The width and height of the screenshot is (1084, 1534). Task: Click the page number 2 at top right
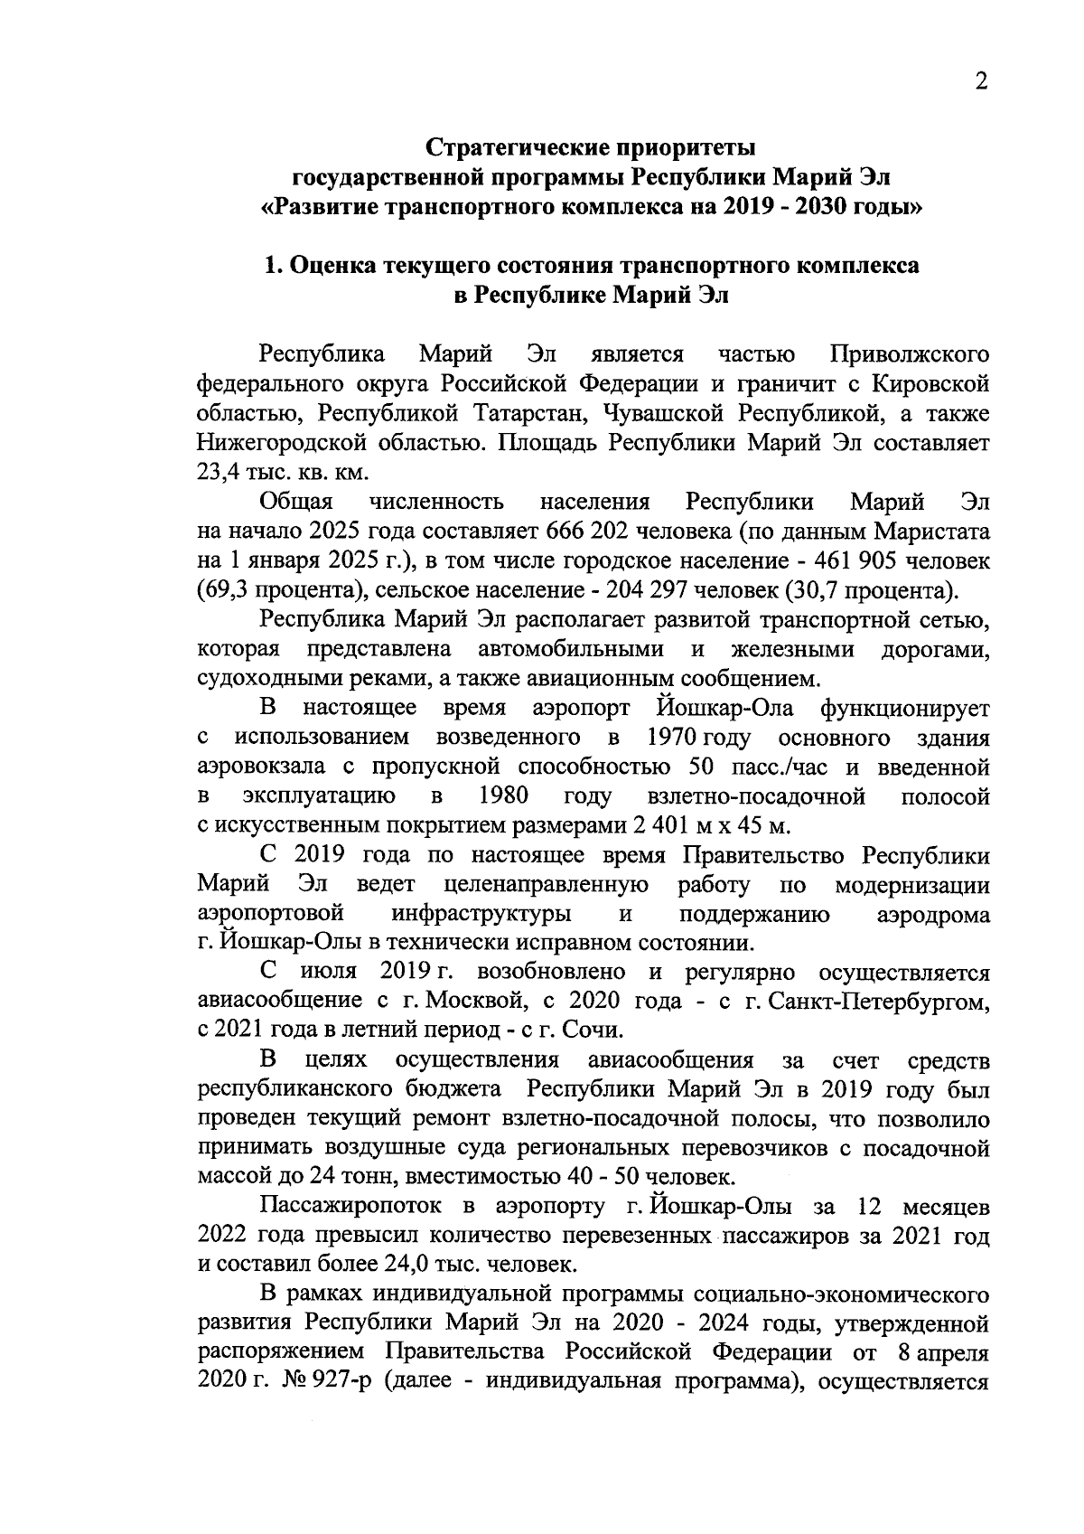click(981, 82)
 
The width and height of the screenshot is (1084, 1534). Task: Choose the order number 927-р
click(339, 1384)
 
